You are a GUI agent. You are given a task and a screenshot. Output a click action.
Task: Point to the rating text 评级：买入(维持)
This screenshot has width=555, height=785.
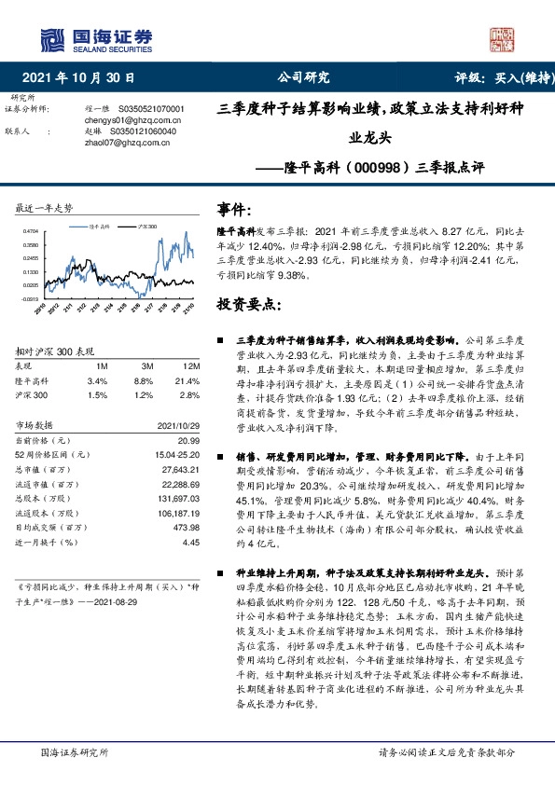click(493, 77)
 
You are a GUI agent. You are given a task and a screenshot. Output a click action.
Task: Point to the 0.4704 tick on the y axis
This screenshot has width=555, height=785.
click(30, 231)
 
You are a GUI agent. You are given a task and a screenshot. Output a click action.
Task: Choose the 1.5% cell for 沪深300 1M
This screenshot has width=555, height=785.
click(97, 394)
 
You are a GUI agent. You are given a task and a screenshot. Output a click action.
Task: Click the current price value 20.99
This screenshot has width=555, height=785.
click(189, 439)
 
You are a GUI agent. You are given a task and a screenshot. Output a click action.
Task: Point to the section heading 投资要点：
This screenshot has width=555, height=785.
click(247, 304)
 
